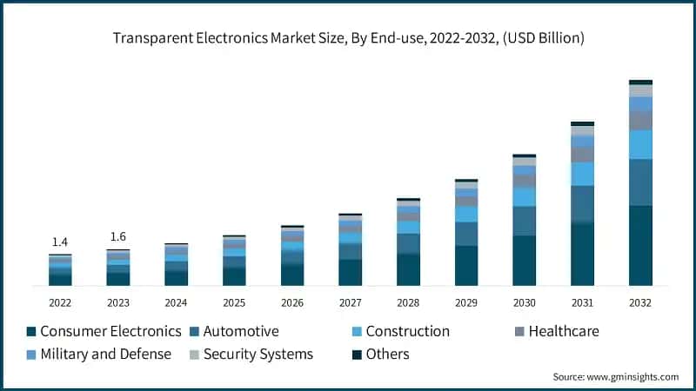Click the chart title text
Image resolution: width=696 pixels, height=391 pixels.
pos(347,38)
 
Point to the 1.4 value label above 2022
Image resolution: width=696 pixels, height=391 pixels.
pos(60,242)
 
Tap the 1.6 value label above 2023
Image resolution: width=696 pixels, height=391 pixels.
pos(118,236)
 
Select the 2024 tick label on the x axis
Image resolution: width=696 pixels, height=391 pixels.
pos(176,302)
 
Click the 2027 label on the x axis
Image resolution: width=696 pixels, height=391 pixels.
pos(350,302)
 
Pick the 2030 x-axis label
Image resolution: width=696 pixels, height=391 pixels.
pos(525,302)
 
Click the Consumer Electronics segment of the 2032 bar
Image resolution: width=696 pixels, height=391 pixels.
pos(640,245)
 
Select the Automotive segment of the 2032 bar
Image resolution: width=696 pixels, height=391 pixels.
pos(640,182)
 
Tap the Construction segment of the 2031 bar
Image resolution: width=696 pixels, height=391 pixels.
pos(582,174)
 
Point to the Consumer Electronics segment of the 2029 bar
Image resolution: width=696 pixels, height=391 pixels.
pos(466,265)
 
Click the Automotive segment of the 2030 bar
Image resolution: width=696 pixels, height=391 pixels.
pos(525,221)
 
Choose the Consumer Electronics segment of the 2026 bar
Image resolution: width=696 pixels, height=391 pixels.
pos(292,275)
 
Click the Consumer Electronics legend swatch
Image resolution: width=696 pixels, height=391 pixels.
pos(31,332)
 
